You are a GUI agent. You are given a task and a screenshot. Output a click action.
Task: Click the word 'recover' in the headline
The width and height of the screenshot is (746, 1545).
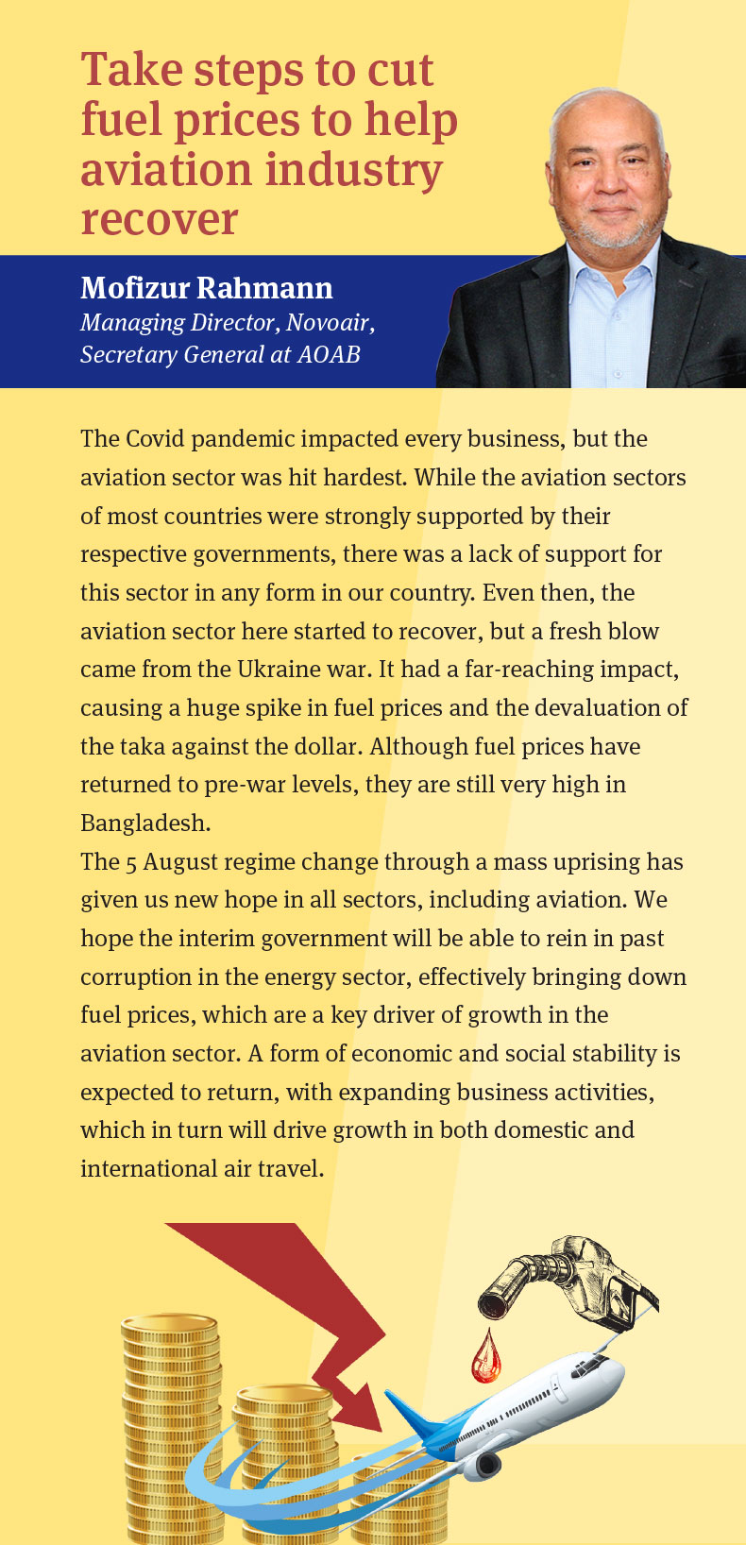(x=159, y=219)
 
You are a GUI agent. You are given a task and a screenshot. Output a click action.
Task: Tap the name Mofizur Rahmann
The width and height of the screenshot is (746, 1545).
(x=206, y=288)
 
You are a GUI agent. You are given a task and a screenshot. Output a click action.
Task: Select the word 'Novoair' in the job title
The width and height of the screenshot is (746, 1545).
(x=329, y=323)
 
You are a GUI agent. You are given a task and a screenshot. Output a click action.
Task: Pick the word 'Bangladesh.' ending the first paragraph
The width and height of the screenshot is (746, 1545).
(x=145, y=823)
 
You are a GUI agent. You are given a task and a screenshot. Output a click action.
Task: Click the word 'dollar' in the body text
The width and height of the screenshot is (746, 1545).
(x=324, y=747)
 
